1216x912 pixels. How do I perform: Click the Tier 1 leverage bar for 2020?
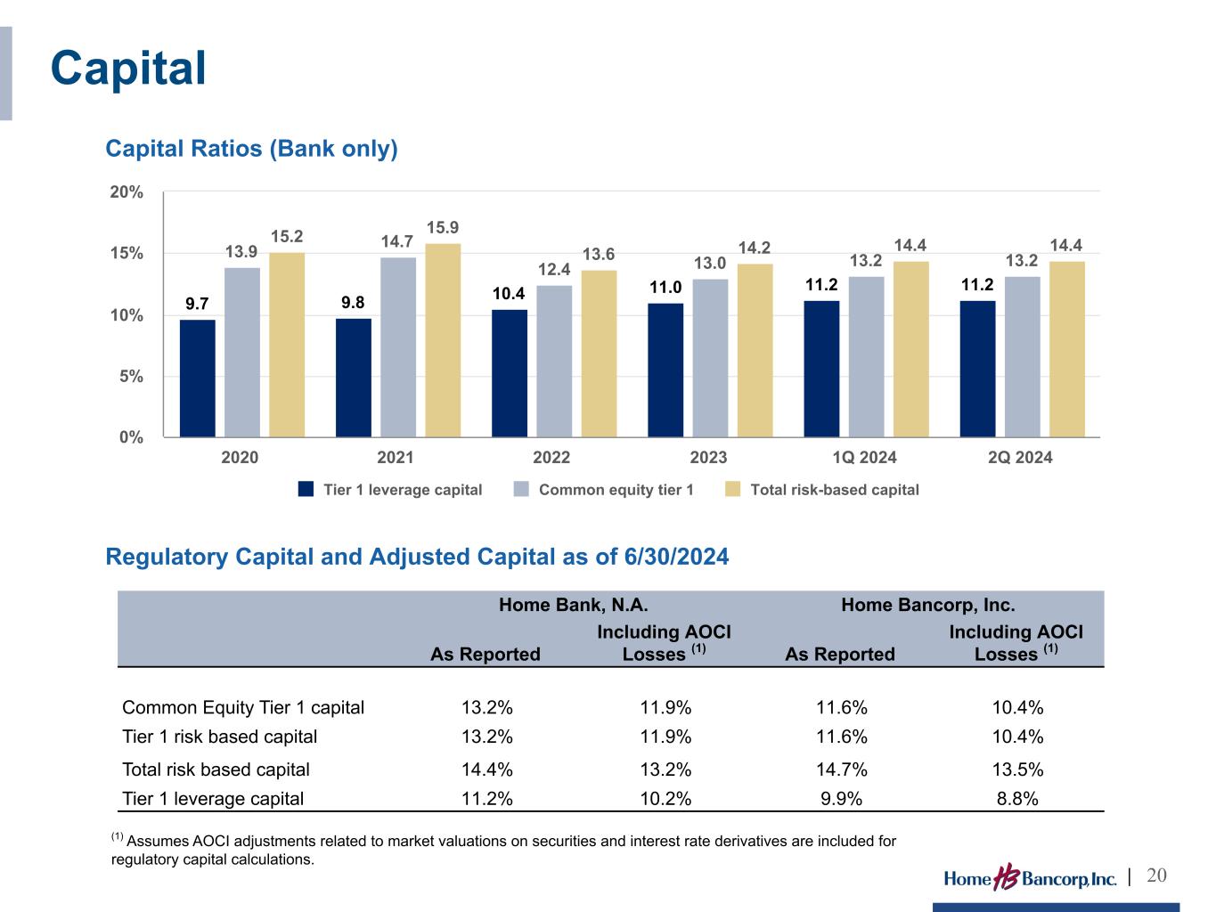197,379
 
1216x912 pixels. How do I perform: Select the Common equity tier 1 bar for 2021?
398,347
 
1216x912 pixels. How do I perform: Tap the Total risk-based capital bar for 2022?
599,354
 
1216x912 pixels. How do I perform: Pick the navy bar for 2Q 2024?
977,369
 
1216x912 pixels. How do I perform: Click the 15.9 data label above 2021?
443,228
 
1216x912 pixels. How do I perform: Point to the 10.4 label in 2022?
509,294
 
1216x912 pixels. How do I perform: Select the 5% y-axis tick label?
131,376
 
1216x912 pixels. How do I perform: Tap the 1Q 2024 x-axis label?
864,458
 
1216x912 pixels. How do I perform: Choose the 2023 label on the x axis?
708,458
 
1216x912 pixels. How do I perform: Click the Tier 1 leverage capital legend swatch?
306,489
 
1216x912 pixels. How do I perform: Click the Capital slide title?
128,69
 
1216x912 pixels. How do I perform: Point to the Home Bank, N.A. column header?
573,606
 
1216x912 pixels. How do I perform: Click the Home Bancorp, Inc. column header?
928,606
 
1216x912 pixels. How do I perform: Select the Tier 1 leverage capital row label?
213,799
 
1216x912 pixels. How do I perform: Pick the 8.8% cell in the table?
1016,799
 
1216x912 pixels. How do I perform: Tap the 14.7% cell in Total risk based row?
841,769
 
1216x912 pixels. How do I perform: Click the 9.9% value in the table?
841,799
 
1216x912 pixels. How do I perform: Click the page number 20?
1156,876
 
